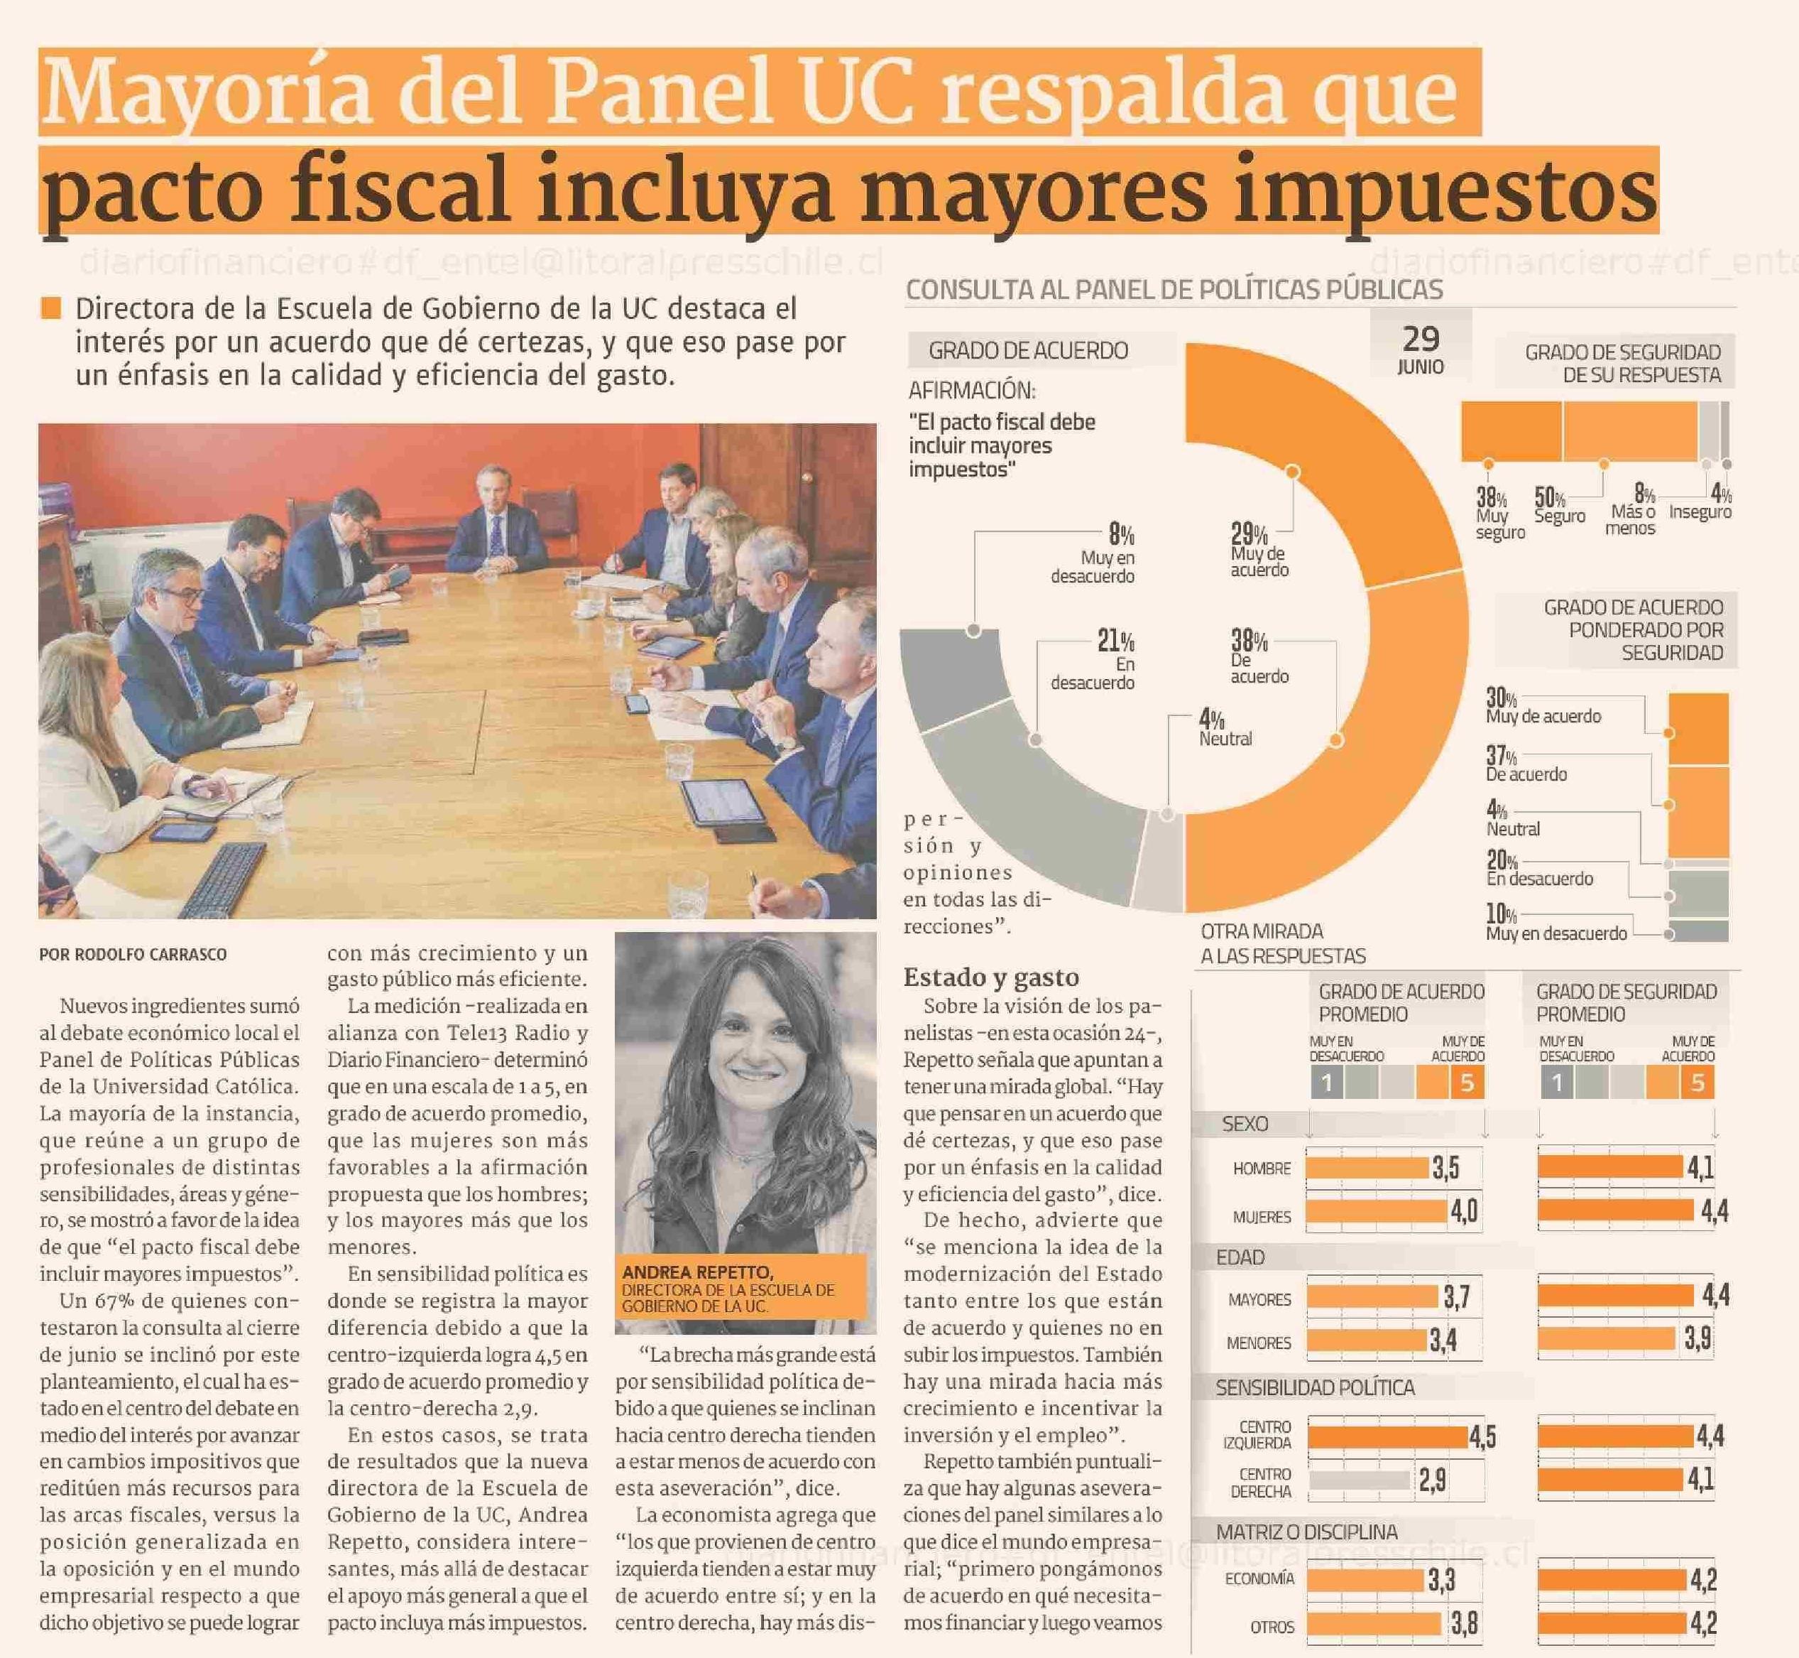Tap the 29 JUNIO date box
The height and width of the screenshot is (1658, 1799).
[1421, 348]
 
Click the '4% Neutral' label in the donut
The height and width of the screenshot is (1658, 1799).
[1223, 727]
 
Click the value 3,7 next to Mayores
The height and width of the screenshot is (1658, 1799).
[1455, 1297]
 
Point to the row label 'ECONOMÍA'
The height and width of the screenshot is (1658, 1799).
[1259, 1577]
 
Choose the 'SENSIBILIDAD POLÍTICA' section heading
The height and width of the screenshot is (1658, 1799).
[1315, 1388]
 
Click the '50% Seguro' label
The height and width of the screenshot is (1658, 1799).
[1558, 506]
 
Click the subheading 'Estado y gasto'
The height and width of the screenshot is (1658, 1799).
[991, 977]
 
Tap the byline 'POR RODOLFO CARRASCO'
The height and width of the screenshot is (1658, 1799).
[133, 955]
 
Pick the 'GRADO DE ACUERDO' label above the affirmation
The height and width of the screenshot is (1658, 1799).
[1028, 351]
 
